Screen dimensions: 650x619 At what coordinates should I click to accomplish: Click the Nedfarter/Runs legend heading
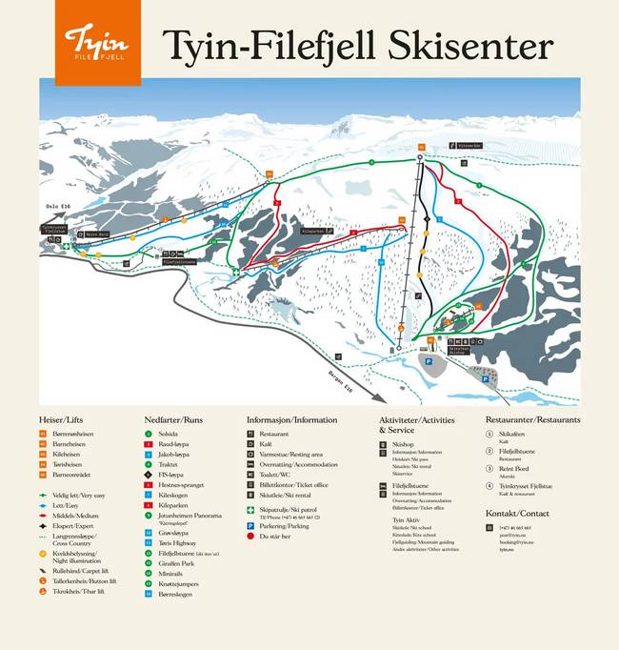click(x=173, y=419)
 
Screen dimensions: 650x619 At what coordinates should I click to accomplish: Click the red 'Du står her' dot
click(x=251, y=536)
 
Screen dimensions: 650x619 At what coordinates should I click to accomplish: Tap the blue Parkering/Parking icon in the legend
click(x=251, y=525)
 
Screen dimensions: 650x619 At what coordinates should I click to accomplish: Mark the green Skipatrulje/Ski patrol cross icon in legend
click(x=251, y=510)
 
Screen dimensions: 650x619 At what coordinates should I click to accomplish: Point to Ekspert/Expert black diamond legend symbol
click(x=44, y=525)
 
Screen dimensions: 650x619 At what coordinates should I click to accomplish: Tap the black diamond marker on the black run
click(x=428, y=218)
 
